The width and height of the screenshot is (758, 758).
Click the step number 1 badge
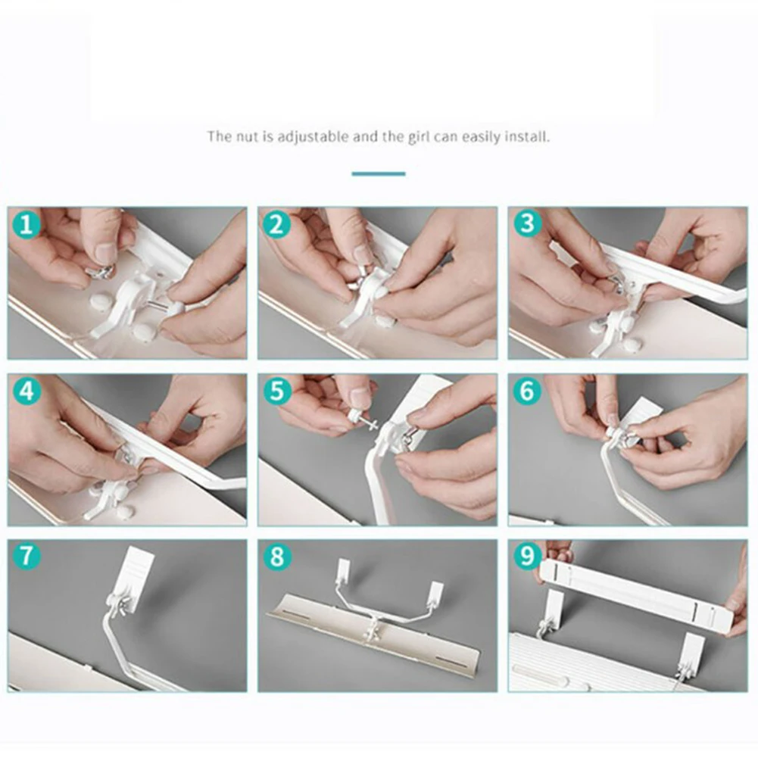[26, 224]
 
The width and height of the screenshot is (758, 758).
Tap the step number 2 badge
[276, 224]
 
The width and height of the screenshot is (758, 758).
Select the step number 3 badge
[527, 223]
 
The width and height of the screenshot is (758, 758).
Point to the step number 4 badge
[26, 391]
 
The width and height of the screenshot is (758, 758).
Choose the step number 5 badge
[277, 391]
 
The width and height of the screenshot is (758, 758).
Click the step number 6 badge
[527, 391]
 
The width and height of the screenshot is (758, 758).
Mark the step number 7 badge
[26, 556]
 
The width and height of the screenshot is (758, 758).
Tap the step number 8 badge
[277, 556]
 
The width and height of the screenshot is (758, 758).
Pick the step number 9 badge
[527, 556]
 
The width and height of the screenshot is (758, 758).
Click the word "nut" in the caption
[247, 137]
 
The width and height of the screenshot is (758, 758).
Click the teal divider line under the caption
[379, 173]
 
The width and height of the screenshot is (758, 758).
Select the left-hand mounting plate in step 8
[344, 570]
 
